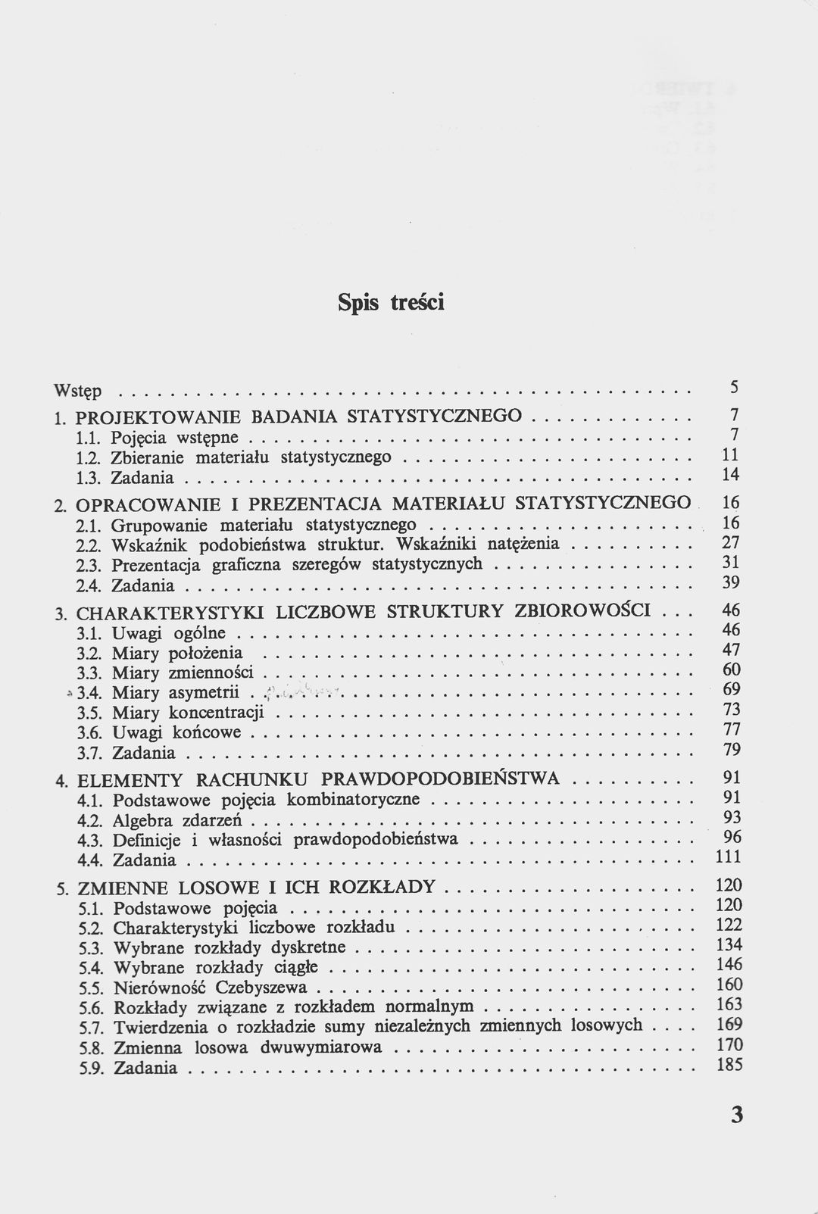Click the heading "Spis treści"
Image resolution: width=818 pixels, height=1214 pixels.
(391, 303)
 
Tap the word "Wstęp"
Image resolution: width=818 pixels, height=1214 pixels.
(77, 392)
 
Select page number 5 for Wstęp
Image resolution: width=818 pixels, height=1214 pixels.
(734, 387)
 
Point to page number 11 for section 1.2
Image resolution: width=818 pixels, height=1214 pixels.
(731, 454)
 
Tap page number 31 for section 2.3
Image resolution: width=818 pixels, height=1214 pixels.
(731, 563)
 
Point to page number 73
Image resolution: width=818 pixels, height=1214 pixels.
(731, 710)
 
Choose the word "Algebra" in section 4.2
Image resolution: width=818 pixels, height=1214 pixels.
(142, 821)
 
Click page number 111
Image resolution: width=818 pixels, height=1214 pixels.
(728, 857)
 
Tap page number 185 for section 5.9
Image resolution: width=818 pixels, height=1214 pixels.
(729, 1065)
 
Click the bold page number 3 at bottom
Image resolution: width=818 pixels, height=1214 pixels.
(737, 1116)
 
